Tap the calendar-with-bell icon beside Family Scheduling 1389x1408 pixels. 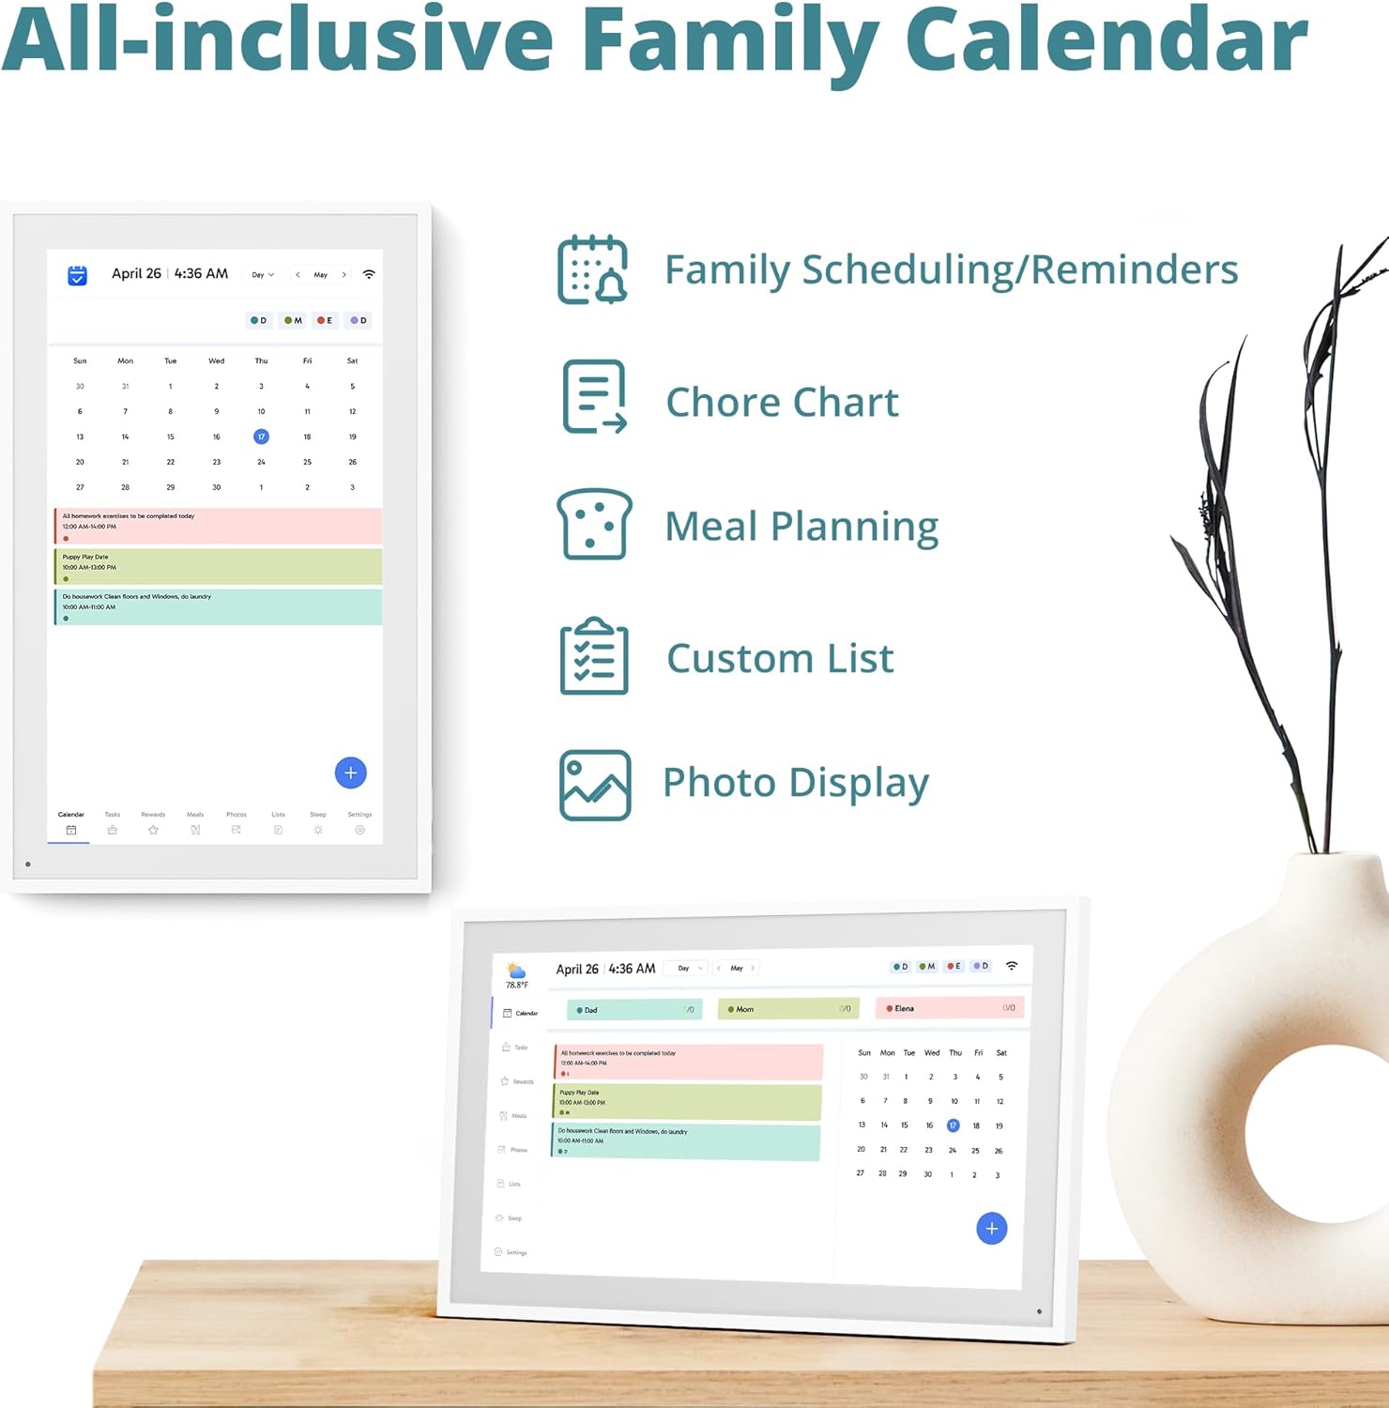(x=592, y=270)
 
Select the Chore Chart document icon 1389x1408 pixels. (x=593, y=397)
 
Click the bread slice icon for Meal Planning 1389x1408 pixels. (x=594, y=524)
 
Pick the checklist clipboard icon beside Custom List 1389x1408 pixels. (x=594, y=656)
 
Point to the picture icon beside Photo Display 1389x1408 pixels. (x=595, y=785)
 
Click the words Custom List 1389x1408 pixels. (x=780, y=658)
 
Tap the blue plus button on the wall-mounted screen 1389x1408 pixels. (x=350, y=773)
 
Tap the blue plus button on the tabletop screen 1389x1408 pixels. (x=991, y=1228)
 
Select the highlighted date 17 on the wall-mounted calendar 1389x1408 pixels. (x=261, y=436)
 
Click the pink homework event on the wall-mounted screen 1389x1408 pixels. (x=218, y=526)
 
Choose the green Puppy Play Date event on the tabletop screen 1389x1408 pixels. (x=687, y=1102)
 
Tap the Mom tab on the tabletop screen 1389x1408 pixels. (x=788, y=1009)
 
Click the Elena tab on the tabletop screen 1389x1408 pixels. (x=948, y=1008)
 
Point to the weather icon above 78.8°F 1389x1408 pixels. (x=516, y=970)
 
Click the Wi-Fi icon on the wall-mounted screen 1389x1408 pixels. (x=369, y=274)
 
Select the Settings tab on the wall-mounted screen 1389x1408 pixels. (x=359, y=822)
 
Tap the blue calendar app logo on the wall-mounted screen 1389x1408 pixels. (x=77, y=275)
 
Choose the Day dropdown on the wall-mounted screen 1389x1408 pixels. (x=263, y=275)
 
